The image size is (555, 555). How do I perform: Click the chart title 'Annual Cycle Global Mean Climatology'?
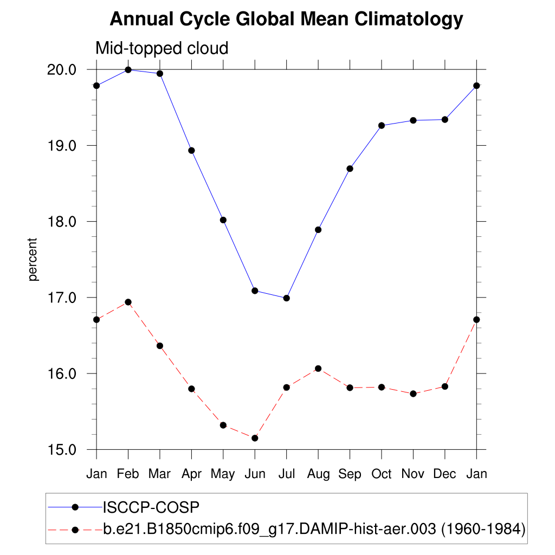point(286,20)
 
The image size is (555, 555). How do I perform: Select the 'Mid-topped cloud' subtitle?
point(162,48)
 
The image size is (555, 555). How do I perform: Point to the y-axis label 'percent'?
point(34,259)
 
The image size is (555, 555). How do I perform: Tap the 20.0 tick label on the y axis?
point(64,70)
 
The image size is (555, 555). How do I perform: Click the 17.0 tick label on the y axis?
point(64,298)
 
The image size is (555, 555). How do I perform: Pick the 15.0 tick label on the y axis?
point(64,450)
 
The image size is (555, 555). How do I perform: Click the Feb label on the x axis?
point(128,474)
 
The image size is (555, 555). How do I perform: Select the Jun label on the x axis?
point(255,474)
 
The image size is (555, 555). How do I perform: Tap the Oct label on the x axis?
point(382,474)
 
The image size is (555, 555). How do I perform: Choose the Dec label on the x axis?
point(445,474)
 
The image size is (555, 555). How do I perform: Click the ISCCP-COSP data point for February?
point(128,70)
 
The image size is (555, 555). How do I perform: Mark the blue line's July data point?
point(287,298)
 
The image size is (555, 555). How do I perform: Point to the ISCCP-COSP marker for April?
point(191,150)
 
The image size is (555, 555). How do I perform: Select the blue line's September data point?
point(350,169)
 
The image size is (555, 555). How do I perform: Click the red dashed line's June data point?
point(255,438)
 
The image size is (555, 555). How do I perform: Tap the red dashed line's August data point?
point(318,369)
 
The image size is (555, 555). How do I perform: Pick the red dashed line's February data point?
point(128,302)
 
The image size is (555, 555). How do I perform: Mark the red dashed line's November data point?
point(413,393)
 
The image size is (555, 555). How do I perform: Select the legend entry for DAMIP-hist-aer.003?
point(314,528)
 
